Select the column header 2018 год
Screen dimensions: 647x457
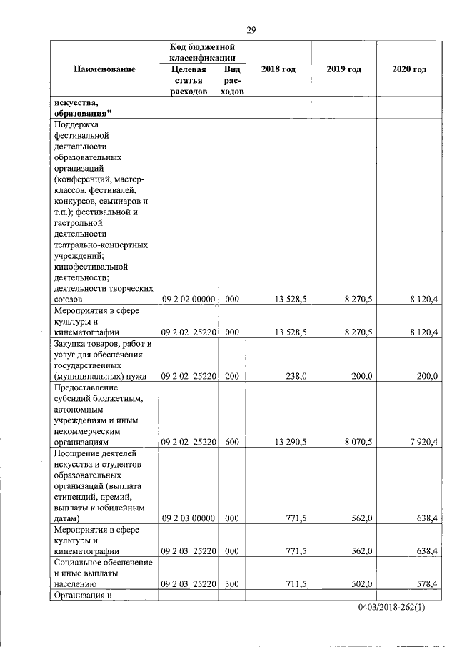[x=278, y=69]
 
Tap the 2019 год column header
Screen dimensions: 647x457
[x=344, y=69]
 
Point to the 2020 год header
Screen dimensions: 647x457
[x=409, y=69]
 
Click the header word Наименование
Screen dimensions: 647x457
[x=104, y=69]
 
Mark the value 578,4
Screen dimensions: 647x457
[x=426, y=584]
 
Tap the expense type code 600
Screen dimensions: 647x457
[x=231, y=442]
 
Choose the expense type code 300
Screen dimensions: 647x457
[x=231, y=584]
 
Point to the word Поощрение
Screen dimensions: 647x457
[x=76, y=453]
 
